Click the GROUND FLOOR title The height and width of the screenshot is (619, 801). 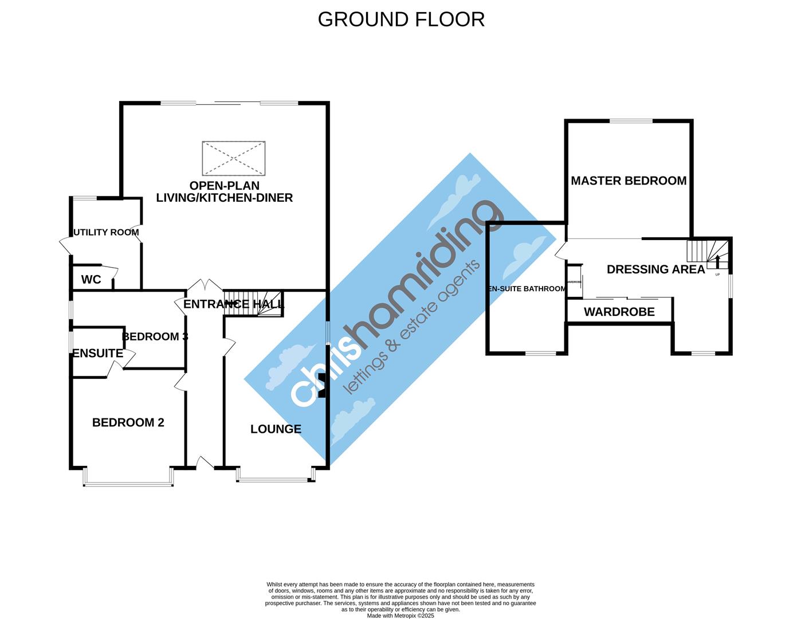click(401, 19)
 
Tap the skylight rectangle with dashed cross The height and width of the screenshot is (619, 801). click(234, 158)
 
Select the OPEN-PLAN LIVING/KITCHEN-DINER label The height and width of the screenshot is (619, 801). click(224, 192)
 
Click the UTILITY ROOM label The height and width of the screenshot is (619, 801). click(106, 232)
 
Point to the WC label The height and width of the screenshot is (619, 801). click(91, 280)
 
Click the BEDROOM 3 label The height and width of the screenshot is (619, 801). click(155, 336)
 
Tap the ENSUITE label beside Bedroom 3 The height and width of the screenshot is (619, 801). click(97, 353)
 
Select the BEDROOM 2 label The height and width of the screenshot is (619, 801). click(128, 422)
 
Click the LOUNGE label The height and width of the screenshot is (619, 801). click(276, 429)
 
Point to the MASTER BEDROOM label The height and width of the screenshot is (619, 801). click(629, 181)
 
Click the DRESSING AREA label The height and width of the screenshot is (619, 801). click(655, 269)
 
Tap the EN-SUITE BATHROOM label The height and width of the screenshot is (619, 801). click(527, 289)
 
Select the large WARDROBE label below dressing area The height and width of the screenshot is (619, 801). click(619, 312)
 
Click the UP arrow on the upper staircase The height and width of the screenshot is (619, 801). click(717, 262)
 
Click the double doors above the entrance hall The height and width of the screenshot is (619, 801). click(206, 285)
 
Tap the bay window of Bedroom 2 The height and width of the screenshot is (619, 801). click(128, 479)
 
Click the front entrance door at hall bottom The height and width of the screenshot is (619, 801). click(204, 463)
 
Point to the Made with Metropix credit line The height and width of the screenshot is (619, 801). click(400, 616)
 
